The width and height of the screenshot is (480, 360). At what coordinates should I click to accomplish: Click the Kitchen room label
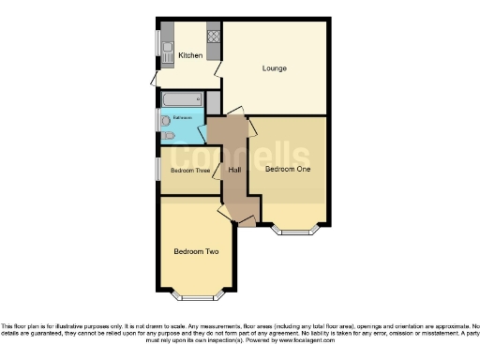coord(190,55)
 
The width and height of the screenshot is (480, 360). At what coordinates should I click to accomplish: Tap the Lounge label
coord(274,68)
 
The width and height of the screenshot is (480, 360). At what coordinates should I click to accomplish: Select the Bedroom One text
coord(287,170)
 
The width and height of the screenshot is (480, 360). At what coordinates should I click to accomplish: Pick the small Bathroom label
coord(183,117)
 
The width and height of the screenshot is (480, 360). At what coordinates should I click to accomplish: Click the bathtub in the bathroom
coord(182,99)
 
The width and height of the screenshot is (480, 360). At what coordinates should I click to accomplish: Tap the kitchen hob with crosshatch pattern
coord(213,37)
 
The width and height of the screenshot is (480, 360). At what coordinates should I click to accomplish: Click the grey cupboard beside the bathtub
coord(213,99)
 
